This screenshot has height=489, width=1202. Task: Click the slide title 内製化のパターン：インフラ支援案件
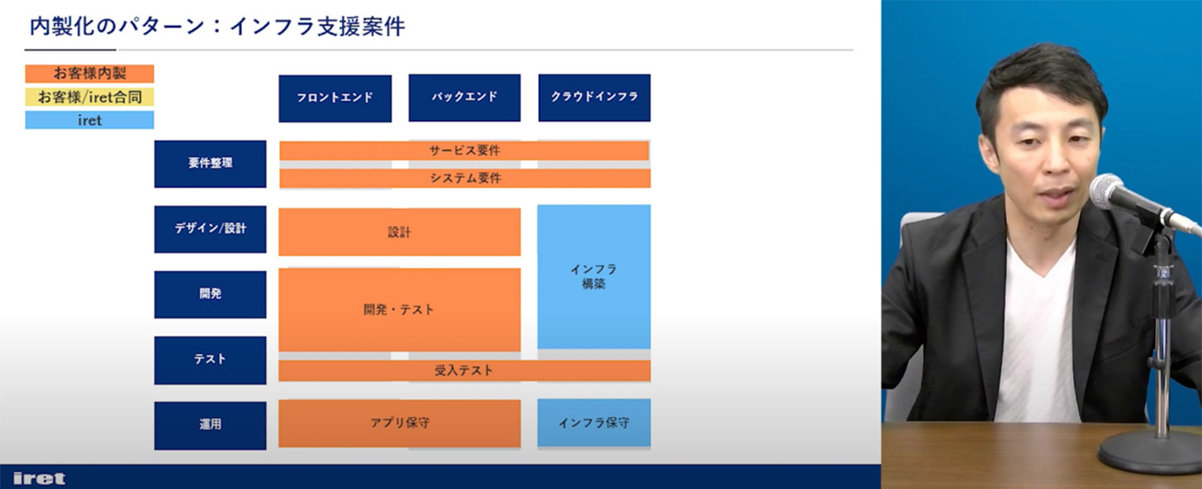pyautogui.click(x=216, y=27)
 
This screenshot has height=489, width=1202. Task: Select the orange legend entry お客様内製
pyautogui.click(x=89, y=74)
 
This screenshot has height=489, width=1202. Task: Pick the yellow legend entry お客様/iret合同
pyautogui.click(x=89, y=97)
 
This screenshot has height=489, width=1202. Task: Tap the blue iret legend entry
pyautogui.click(x=89, y=120)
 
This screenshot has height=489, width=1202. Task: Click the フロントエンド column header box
pyautogui.click(x=335, y=98)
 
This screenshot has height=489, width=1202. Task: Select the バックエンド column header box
pyautogui.click(x=464, y=98)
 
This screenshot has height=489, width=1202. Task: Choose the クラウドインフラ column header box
pyautogui.click(x=594, y=98)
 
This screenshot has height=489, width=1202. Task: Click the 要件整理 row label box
pyautogui.click(x=210, y=164)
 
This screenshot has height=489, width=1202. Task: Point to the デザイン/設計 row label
pyautogui.click(x=210, y=229)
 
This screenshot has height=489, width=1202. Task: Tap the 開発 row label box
pyautogui.click(x=210, y=294)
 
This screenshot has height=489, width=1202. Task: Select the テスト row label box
pyautogui.click(x=210, y=359)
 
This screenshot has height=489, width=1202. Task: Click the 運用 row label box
pyautogui.click(x=210, y=426)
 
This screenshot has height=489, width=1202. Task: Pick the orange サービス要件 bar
pyautogui.click(x=464, y=151)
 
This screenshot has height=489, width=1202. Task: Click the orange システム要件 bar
pyautogui.click(x=464, y=178)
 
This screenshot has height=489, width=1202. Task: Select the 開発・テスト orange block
pyautogui.click(x=399, y=310)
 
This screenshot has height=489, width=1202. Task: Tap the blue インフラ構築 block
pyautogui.click(x=594, y=276)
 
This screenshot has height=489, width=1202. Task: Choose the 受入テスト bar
pyautogui.click(x=464, y=371)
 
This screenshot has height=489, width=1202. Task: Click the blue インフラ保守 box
pyautogui.click(x=594, y=423)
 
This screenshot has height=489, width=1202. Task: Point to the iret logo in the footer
pyautogui.click(x=39, y=479)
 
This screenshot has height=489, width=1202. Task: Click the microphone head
pyautogui.click(x=1108, y=190)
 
